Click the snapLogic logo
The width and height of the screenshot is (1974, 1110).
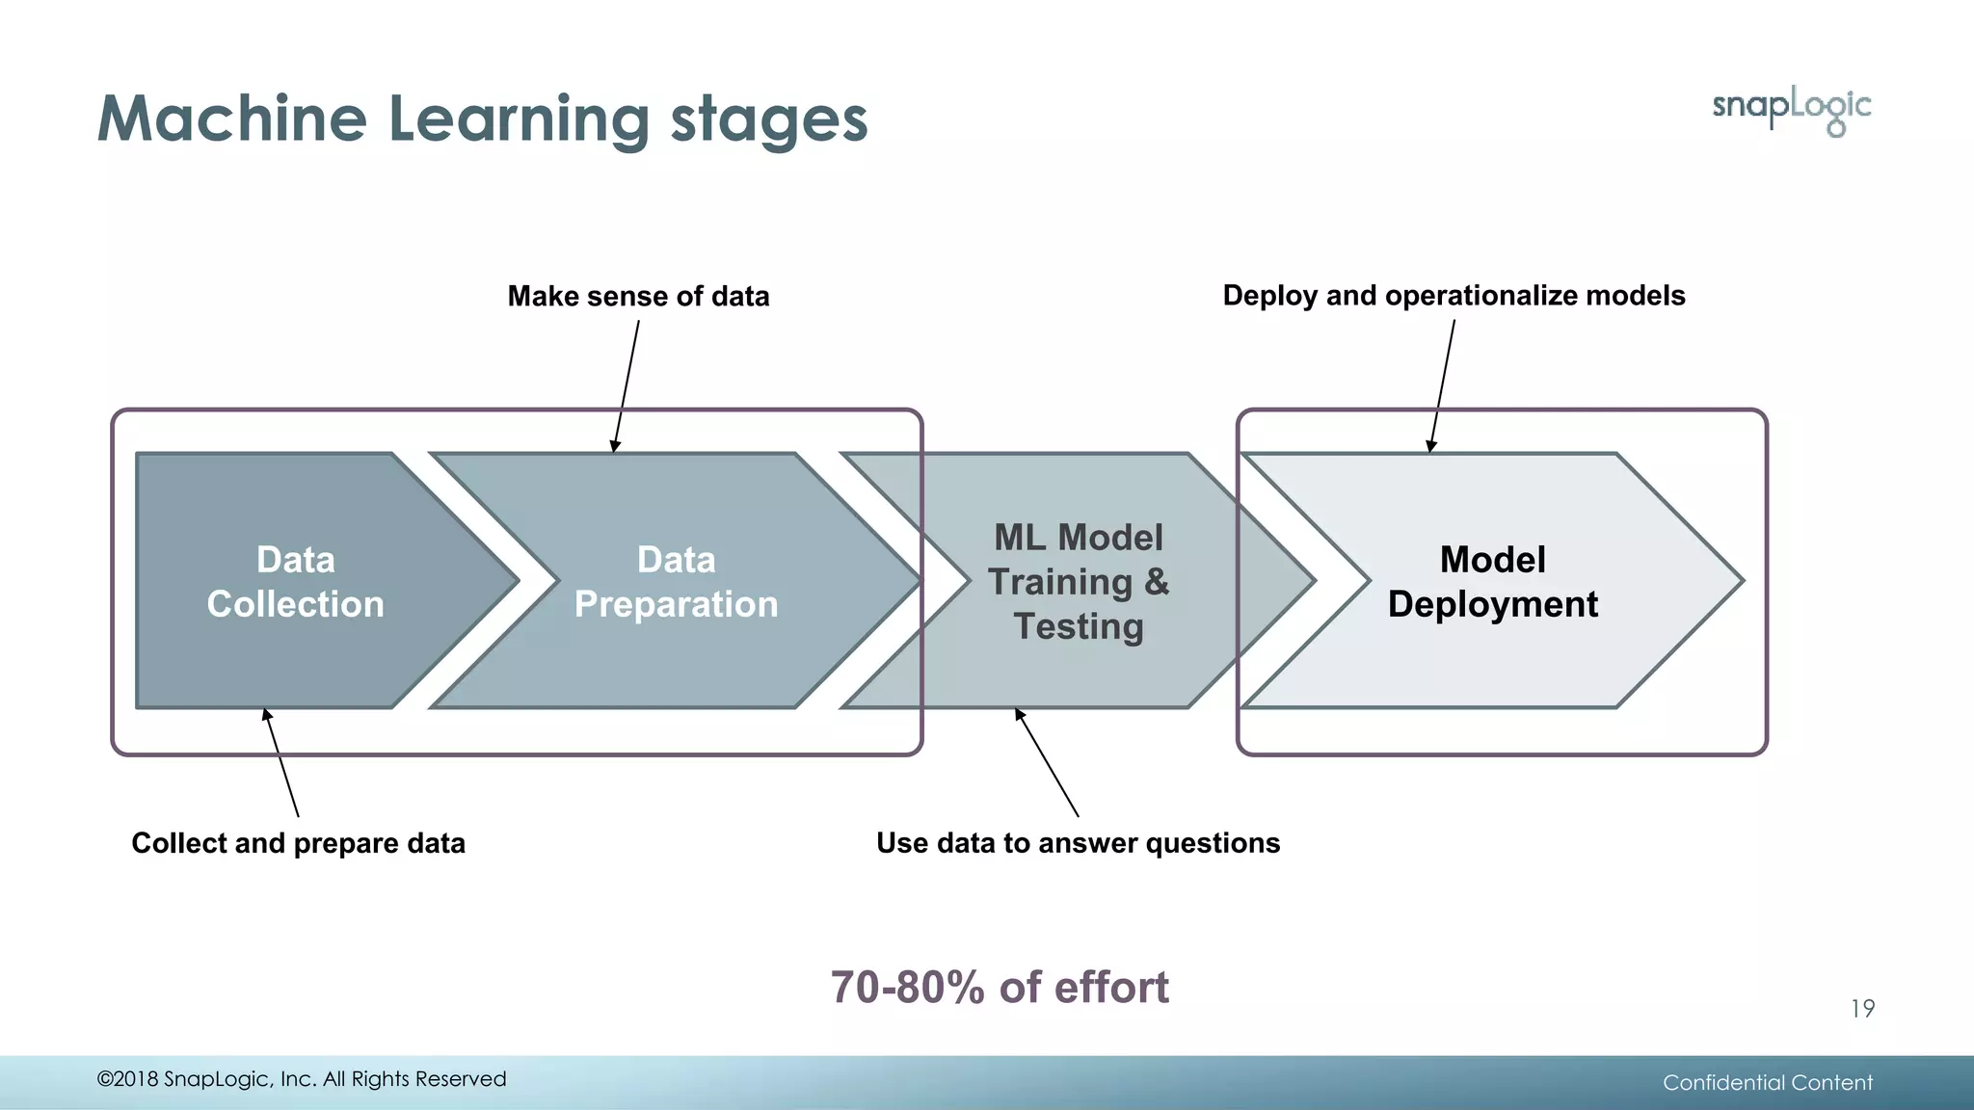point(1791,109)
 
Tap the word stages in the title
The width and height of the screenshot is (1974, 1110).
point(768,121)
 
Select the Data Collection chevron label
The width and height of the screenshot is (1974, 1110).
point(295,581)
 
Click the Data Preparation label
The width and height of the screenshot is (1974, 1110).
point(676,581)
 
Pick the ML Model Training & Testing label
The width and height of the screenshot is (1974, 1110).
point(1078,581)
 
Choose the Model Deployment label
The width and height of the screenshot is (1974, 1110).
point(1492,581)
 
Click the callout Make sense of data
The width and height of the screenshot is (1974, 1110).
point(638,296)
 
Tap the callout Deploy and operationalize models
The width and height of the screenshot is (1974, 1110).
point(1454,295)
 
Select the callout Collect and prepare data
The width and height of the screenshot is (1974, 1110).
point(298,843)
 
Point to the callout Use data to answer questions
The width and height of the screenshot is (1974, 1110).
point(1078,843)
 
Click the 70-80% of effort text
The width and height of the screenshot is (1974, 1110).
point(1000,988)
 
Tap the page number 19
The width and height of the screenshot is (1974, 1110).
point(1862,1009)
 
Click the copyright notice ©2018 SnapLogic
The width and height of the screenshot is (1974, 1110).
point(301,1079)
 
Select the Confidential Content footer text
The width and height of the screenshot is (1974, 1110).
point(1767,1082)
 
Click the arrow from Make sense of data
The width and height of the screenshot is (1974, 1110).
point(627,385)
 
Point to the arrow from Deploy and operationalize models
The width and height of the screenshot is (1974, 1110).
point(1443,385)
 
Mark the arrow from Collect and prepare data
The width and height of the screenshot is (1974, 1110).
point(281,763)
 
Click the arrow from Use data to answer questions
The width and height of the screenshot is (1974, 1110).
point(1047,763)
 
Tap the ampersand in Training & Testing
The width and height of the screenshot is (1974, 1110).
point(1157,582)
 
